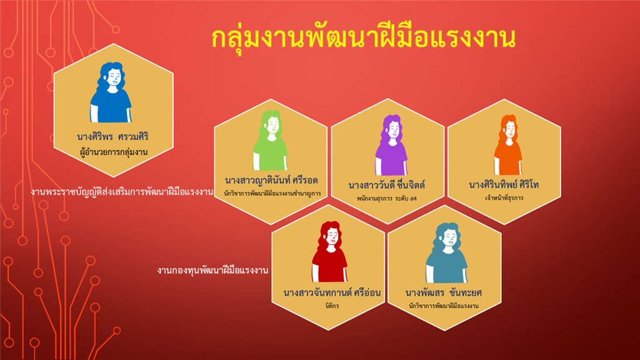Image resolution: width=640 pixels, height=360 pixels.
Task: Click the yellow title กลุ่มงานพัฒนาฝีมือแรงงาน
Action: (x=363, y=38)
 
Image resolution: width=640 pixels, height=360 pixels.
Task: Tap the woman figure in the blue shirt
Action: (x=111, y=92)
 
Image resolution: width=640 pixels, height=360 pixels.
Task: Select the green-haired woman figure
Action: (x=270, y=141)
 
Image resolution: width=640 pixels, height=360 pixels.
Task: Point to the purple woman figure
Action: (x=391, y=145)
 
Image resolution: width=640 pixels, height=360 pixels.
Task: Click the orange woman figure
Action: (x=507, y=145)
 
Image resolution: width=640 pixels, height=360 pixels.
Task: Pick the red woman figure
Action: (x=330, y=252)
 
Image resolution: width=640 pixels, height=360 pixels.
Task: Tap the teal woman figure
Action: (x=446, y=253)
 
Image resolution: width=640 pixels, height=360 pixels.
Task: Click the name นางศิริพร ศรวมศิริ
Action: (x=112, y=137)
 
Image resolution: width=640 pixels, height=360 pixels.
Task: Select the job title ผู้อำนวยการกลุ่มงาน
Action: (x=114, y=152)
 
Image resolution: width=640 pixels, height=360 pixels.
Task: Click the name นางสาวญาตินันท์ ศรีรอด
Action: (x=271, y=181)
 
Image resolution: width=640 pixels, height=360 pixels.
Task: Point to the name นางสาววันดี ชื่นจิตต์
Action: (x=386, y=185)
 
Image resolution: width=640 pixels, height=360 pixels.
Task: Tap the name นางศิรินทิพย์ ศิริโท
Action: (x=504, y=185)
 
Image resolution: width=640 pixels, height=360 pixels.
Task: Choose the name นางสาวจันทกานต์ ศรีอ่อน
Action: (x=332, y=293)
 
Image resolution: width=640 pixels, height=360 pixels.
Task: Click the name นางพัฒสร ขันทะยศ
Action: (x=444, y=293)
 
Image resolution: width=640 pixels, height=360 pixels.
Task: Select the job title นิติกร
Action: (x=332, y=306)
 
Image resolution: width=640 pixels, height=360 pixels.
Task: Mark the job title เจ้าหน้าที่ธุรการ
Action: (x=504, y=198)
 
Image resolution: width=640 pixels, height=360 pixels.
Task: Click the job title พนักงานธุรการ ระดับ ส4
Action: (x=387, y=199)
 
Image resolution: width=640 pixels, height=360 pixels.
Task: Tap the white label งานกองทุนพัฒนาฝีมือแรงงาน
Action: (x=212, y=271)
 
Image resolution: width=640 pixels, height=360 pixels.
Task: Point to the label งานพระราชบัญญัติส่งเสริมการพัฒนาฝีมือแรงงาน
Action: (x=122, y=192)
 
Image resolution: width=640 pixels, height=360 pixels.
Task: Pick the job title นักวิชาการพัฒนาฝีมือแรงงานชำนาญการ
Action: (x=272, y=194)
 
